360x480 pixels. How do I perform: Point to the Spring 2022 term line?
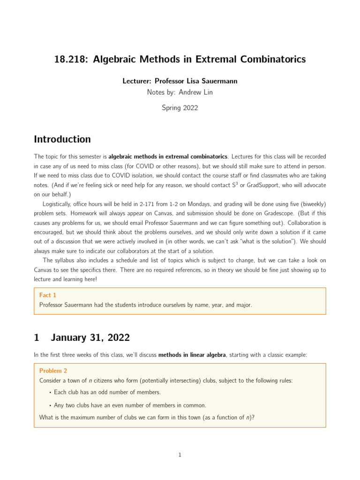coord(180,108)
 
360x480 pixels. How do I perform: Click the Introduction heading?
coord(62,139)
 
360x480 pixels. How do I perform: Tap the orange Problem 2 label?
coord(53,371)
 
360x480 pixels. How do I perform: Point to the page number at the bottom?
coord(180,455)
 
